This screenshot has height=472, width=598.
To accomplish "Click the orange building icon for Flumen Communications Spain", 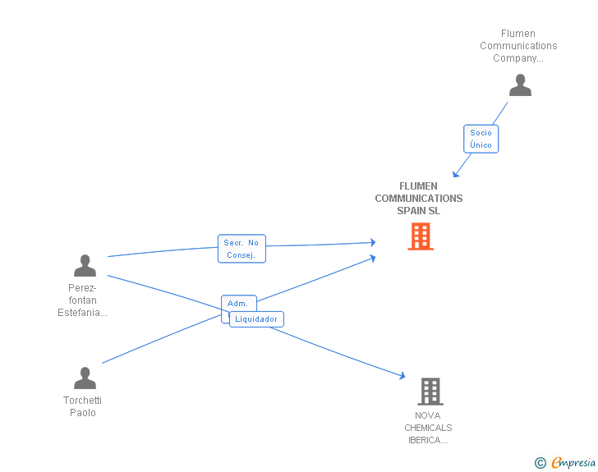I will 420,236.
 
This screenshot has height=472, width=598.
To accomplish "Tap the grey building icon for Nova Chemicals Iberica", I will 430,392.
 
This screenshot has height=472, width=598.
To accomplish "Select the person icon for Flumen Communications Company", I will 519,85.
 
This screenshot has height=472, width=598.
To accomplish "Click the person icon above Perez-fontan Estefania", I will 85,266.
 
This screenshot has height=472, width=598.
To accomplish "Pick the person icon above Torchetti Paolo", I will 85,378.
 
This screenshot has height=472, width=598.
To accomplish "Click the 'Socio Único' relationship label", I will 481,139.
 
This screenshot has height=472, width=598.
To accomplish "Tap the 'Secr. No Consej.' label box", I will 241,249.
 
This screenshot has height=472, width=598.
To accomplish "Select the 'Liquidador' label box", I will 256,319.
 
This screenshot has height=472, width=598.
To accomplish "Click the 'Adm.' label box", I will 238,303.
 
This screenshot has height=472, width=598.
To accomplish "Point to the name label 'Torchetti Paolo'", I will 82,406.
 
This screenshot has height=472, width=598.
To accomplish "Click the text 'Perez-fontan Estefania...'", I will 82,300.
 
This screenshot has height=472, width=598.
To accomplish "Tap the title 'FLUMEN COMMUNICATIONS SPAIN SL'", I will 418,199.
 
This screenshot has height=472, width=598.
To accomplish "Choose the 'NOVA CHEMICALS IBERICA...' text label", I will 428,428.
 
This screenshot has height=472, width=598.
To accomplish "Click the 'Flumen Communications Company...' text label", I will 518,46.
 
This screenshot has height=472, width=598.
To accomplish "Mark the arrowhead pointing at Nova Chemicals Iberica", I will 402,376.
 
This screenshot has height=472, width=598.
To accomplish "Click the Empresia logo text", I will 573,463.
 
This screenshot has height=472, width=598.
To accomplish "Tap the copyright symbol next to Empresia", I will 540,464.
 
